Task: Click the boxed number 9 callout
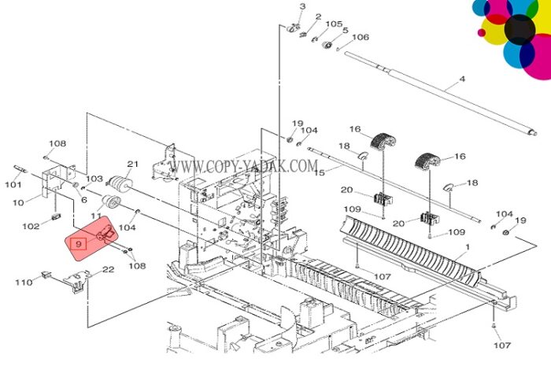pyautogui.click(x=78, y=243)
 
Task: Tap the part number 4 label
pyautogui.click(x=463, y=79)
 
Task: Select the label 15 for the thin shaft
pyautogui.click(x=320, y=172)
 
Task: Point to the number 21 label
pyautogui.click(x=133, y=164)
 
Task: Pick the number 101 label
pyautogui.click(x=13, y=184)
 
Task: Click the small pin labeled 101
pyautogui.click(x=20, y=168)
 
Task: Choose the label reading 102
pyautogui.click(x=31, y=226)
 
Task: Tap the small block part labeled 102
pyautogui.click(x=56, y=216)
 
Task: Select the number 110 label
pyautogui.click(x=24, y=282)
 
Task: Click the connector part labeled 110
pyautogui.click(x=45, y=275)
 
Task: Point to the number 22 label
pyautogui.click(x=109, y=269)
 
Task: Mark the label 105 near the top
pyautogui.click(x=334, y=24)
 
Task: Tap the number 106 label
pyautogui.click(x=361, y=37)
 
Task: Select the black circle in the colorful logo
pyautogui.click(x=520, y=29)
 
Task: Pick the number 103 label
pyautogui.click(x=94, y=179)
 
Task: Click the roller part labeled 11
pyautogui.click(x=111, y=202)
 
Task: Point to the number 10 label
pyautogui.click(x=18, y=202)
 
